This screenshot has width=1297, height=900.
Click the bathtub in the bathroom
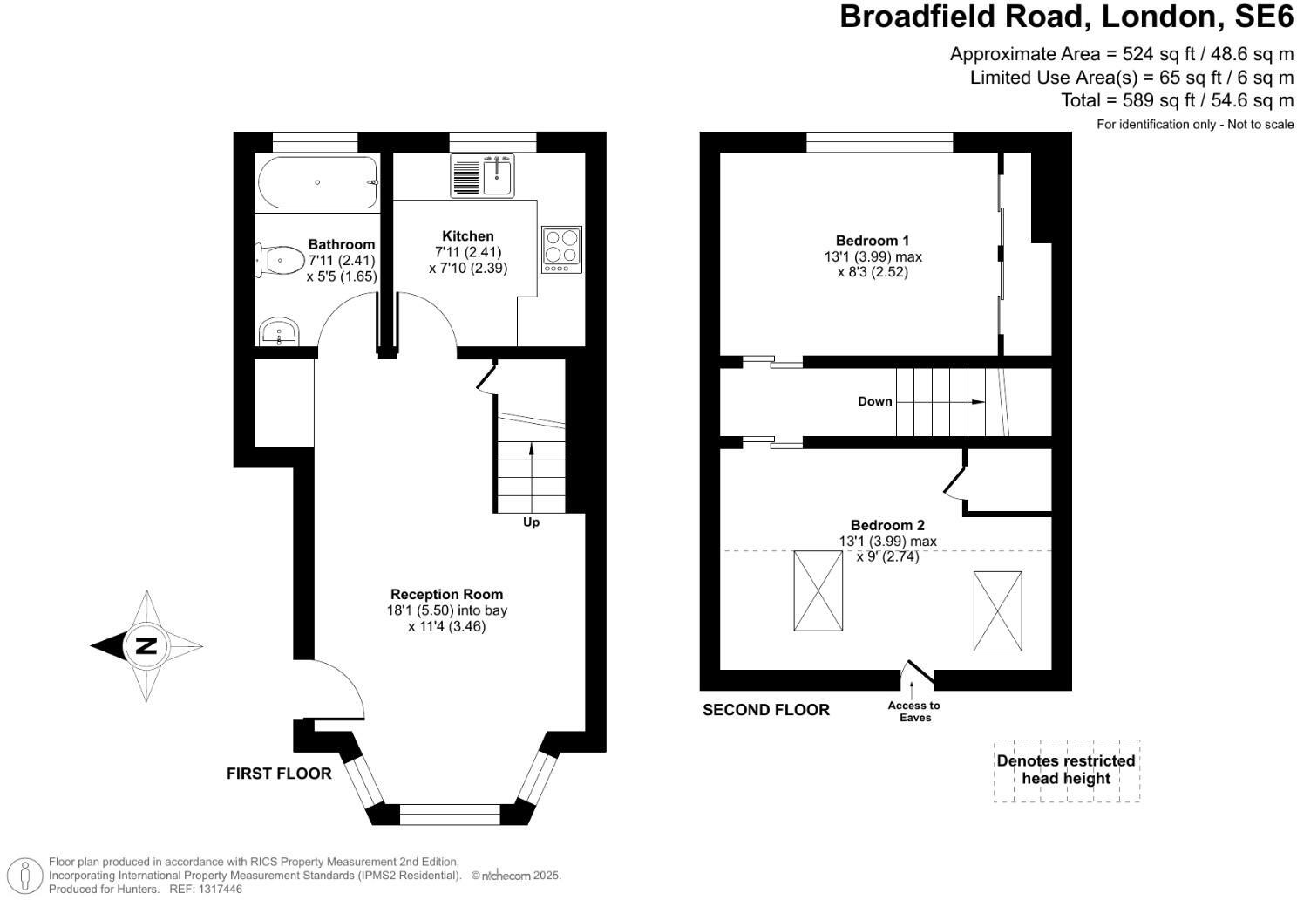(317, 182)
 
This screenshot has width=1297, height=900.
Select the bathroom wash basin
(279, 331)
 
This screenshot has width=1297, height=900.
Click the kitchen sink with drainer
(483, 175)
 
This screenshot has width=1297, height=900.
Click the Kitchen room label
(468, 236)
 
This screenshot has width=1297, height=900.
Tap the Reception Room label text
(446, 594)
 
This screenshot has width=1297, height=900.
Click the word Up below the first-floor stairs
(531, 522)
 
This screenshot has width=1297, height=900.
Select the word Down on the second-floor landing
(874, 401)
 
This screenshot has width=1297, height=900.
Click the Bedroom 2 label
(887, 525)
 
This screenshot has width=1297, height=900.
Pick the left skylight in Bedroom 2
(818, 590)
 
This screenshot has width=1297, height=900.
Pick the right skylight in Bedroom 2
(997, 610)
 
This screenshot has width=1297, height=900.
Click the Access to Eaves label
(914, 712)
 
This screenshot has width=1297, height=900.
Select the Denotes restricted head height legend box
(1066, 770)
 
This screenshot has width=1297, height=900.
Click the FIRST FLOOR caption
(279, 774)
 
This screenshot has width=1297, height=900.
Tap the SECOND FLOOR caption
(765, 710)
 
